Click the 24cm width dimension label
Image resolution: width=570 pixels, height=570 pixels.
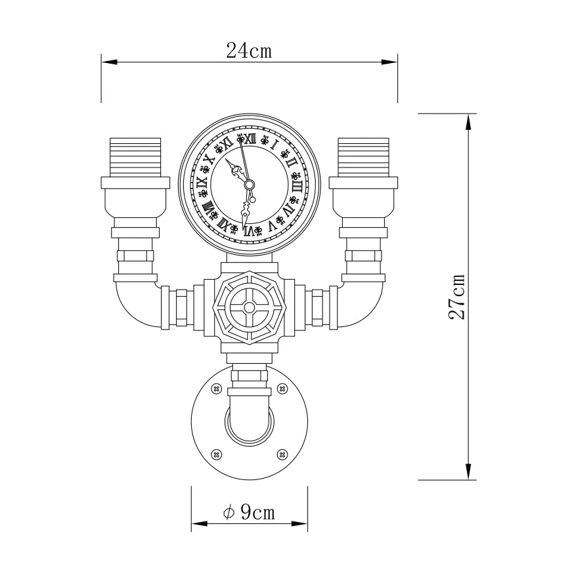pyautogui.click(x=249, y=50)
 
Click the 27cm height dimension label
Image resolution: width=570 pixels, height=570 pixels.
pyautogui.click(x=458, y=297)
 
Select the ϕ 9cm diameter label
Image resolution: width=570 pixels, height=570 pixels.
pyautogui.click(x=249, y=512)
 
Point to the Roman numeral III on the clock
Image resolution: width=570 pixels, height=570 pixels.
pyautogui.click(x=297, y=185)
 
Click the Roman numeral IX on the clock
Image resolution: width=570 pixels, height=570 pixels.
pyautogui.click(x=202, y=186)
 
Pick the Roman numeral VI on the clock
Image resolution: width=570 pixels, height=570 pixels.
pyautogui.click(x=250, y=230)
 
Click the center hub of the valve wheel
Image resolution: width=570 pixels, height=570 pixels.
pyautogui.click(x=249, y=307)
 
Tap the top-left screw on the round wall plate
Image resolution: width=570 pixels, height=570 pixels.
pyautogui.click(x=215, y=389)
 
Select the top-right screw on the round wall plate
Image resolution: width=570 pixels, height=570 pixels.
pyautogui.click(x=282, y=389)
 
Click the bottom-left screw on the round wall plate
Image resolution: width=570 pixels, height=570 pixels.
pyautogui.click(x=215, y=454)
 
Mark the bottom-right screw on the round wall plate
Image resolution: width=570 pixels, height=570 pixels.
pyautogui.click(x=282, y=454)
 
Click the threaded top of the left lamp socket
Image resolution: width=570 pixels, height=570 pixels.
pyautogui.click(x=135, y=156)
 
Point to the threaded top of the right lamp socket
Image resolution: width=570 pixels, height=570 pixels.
pyautogui.click(x=363, y=156)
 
